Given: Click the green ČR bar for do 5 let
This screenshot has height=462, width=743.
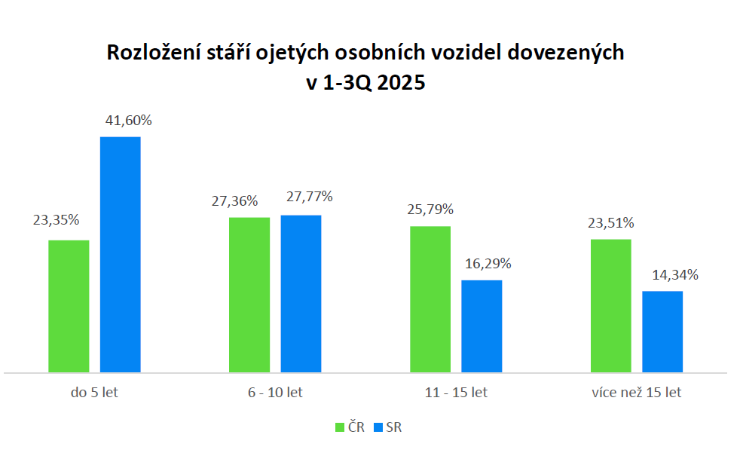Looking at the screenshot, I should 69,306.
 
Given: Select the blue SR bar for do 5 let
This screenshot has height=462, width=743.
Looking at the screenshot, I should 121,254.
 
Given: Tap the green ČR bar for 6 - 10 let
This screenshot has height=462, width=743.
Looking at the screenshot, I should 249,295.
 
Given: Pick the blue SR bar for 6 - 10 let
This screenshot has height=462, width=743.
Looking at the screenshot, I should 301,293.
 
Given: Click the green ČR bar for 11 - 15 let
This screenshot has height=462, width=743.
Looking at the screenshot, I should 430,299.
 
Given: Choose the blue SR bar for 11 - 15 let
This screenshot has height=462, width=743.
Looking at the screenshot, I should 482,326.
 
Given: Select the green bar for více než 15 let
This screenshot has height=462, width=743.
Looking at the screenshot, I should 611,305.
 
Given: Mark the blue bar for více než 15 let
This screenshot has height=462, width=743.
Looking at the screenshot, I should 662,332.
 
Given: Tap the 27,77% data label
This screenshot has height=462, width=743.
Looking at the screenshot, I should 310,197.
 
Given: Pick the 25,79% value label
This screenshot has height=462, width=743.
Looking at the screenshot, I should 430,209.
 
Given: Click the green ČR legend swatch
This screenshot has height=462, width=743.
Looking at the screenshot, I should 339,427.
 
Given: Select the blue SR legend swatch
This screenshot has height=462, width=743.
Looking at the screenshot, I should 378,427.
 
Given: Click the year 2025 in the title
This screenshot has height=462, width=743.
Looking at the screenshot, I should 401,83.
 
